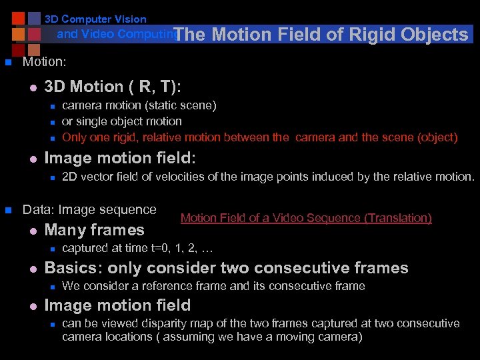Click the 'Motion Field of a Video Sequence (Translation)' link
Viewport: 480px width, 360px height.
pos(306,218)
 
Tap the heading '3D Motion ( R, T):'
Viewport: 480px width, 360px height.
pos(112,87)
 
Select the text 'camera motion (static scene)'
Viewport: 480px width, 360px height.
pos(139,105)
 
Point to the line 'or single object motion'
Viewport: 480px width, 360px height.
pos(121,121)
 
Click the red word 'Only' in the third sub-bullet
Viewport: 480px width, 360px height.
pos(74,138)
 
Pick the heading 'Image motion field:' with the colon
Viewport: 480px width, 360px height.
pos(119,158)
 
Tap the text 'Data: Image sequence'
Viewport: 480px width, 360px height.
pos(89,209)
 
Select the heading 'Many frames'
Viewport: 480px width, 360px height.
pos(94,230)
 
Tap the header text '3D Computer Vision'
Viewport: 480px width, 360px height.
pos(95,19)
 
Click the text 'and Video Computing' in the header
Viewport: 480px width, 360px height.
pos(117,33)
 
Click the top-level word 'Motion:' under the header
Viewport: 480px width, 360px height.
pos(44,62)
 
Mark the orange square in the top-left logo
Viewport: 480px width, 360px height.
pos(19,34)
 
